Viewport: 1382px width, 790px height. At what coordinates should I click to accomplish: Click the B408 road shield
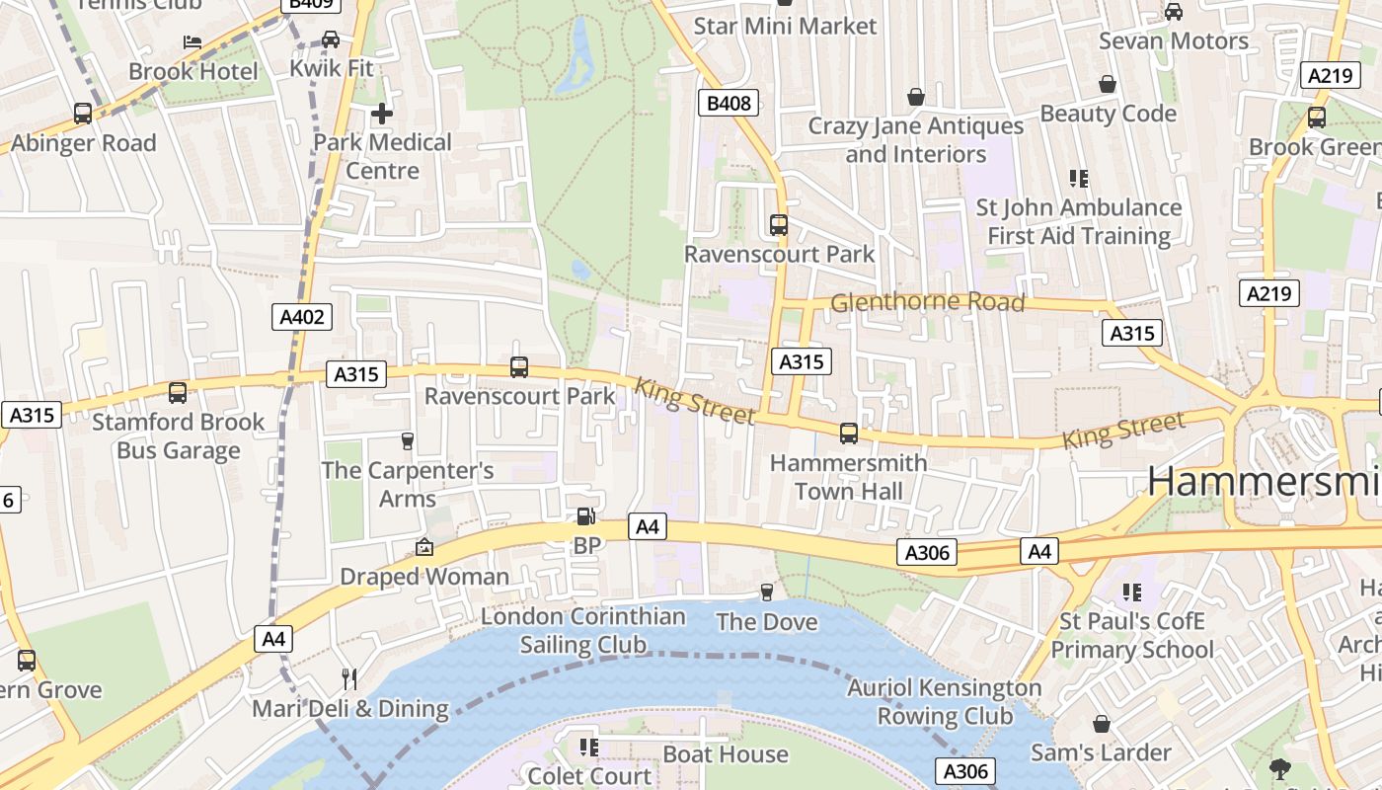click(729, 103)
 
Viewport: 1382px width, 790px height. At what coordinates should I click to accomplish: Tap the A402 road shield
click(301, 317)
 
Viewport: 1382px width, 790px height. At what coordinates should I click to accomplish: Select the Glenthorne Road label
click(927, 302)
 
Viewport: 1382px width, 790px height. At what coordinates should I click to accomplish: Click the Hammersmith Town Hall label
click(848, 477)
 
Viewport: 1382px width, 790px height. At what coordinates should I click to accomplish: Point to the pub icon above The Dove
click(766, 592)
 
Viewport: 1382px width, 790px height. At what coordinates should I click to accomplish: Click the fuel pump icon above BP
click(585, 516)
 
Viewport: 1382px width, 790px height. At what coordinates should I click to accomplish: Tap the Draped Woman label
click(424, 576)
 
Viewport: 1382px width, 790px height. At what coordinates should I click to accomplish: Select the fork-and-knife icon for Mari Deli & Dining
click(348, 678)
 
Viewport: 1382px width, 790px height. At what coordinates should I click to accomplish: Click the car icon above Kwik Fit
click(331, 39)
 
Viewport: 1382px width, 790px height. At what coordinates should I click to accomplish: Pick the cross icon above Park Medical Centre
click(382, 114)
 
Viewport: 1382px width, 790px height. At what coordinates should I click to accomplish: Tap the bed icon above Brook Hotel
click(192, 41)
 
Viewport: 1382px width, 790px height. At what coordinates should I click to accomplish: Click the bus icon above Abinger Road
click(83, 114)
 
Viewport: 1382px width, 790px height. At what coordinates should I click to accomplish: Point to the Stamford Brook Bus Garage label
click(179, 436)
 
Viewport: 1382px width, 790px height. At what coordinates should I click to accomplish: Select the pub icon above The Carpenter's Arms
click(407, 440)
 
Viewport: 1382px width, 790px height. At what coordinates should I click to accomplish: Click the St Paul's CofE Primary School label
click(1131, 635)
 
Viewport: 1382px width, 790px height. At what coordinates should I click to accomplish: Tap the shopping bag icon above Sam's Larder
click(1102, 724)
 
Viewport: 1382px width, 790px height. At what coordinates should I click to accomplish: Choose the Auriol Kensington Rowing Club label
click(945, 701)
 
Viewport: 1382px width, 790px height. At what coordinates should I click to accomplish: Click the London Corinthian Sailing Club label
click(583, 630)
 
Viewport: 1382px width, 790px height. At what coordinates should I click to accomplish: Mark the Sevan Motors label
click(1174, 41)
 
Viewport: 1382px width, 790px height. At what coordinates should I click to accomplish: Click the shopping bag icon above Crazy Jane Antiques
click(916, 97)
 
